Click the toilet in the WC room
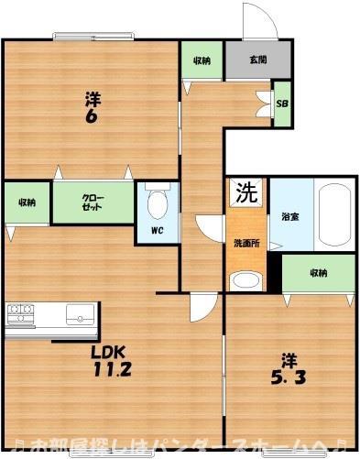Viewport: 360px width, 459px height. click(x=158, y=201)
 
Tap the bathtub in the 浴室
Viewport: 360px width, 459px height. click(x=334, y=214)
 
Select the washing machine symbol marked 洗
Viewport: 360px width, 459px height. click(x=245, y=193)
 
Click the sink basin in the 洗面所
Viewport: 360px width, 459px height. click(x=245, y=280)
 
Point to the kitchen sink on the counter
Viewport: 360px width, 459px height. click(x=80, y=314)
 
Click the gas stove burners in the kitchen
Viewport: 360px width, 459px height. click(x=20, y=313)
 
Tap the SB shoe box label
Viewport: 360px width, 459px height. click(x=282, y=104)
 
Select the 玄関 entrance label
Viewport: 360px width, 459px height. click(x=258, y=60)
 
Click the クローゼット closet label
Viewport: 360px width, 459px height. click(x=93, y=202)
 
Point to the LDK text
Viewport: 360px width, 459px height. click(x=108, y=353)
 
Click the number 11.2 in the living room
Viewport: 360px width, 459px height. click(x=112, y=369)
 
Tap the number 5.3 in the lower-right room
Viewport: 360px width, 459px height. click(x=289, y=377)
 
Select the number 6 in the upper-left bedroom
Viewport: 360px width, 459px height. click(x=92, y=116)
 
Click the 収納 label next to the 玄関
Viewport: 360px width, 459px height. click(x=202, y=60)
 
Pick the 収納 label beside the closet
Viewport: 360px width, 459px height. click(x=27, y=202)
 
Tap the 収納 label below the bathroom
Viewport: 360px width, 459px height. click(x=319, y=273)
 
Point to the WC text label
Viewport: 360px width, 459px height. click(x=158, y=231)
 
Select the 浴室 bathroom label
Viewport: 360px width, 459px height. click(x=290, y=217)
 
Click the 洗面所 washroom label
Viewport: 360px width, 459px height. click(x=246, y=244)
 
